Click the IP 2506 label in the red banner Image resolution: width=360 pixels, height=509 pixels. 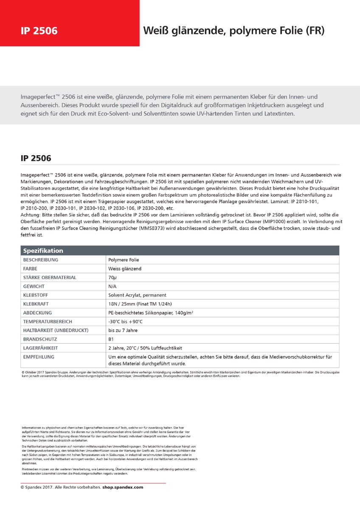[x=39, y=31]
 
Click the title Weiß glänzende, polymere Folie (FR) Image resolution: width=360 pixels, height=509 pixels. [x=233, y=31]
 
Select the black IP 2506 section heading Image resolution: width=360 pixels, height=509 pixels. [x=36, y=158]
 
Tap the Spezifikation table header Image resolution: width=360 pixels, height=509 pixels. [x=43, y=251]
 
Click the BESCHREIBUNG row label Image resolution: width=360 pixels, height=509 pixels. [x=41, y=260]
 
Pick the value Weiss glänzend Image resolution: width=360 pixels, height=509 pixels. [x=125, y=268]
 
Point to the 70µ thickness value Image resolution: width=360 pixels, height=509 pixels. [x=112, y=277]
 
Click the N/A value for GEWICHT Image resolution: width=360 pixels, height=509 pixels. [x=112, y=286]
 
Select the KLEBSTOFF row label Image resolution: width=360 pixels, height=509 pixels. [x=38, y=295]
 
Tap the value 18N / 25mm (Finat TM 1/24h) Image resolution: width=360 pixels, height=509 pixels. [x=140, y=304]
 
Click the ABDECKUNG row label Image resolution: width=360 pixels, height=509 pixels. [x=38, y=313]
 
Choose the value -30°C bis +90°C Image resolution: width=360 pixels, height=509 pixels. [x=125, y=322]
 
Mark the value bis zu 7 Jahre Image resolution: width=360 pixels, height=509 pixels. [x=123, y=330]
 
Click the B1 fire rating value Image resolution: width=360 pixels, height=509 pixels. [x=111, y=339]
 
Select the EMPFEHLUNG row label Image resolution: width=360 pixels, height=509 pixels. [x=39, y=357]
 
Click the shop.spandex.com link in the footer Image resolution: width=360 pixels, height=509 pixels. [x=123, y=487]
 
